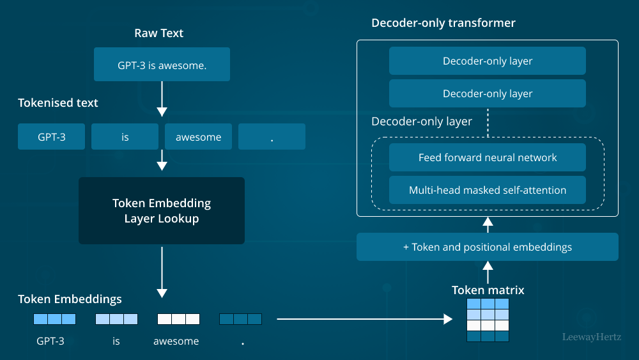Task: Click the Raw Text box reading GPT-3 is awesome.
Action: pos(162,65)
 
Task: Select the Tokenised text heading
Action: pos(58,103)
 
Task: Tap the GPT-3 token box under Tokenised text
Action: pos(51,137)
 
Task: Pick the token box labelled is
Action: pos(125,137)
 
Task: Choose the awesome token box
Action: pos(198,137)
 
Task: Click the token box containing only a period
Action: pos(272,137)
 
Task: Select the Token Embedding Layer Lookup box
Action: pos(162,210)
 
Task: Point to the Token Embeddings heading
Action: pos(70,299)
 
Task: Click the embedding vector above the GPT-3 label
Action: pos(54,318)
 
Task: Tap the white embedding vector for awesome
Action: pos(179,318)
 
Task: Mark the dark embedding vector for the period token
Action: pos(240,318)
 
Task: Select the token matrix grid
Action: pos(488,320)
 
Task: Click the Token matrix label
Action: pos(488,290)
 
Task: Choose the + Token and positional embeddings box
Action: pos(488,247)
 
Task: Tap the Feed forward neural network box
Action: pos(488,157)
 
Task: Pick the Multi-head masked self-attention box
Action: pos(488,190)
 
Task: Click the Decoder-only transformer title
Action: pos(443,23)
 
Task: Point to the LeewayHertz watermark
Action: pos(591,336)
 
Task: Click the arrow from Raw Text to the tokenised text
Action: pos(162,99)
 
